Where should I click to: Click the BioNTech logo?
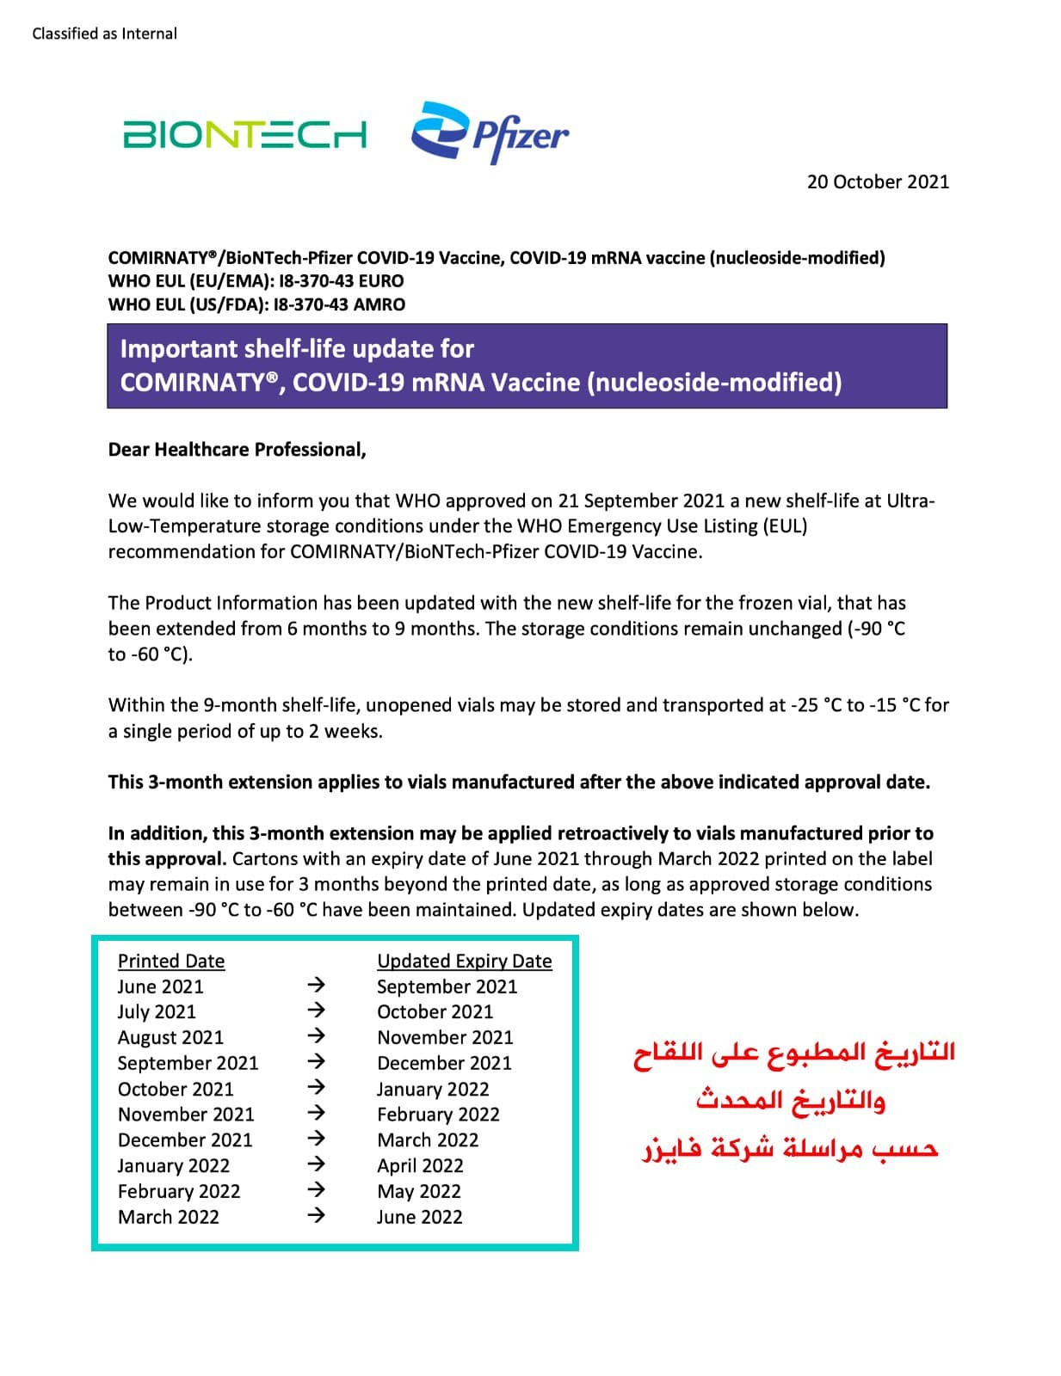click(x=244, y=135)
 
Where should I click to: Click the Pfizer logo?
click(x=490, y=133)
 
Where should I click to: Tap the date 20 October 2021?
click(x=877, y=181)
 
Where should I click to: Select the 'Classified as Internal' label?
click(x=104, y=34)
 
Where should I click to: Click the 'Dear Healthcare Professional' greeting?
click(x=237, y=450)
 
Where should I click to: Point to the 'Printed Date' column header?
click(x=171, y=961)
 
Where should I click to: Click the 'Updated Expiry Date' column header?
click(x=464, y=961)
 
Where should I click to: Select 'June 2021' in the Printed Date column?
click(x=161, y=986)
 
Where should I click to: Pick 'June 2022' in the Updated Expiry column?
click(x=419, y=1217)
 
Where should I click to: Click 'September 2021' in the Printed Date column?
click(x=188, y=1063)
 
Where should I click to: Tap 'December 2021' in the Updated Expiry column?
click(x=444, y=1063)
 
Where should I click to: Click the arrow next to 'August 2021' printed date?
click(x=316, y=1035)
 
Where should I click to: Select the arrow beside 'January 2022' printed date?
click(x=316, y=1164)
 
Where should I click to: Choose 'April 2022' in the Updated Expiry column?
click(x=420, y=1165)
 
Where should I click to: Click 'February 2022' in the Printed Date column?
click(x=179, y=1191)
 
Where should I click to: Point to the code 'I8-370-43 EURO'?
click(x=342, y=280)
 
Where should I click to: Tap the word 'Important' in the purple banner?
click(x=178, y=348)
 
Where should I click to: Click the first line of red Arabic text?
click(x=794, y=1053)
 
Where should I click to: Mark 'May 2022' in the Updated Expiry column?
click(x=418, y=1191)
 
